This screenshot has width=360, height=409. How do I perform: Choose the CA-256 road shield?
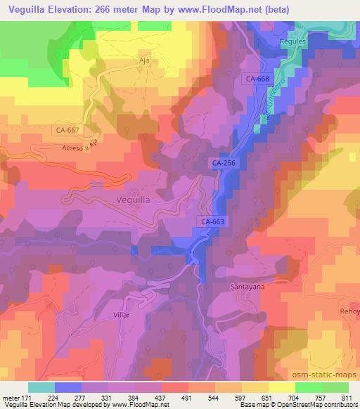(x=223, y=163)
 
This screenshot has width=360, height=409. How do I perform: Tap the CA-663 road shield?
(x=212, y=221)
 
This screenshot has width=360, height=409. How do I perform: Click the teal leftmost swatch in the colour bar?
(x=41, y=387)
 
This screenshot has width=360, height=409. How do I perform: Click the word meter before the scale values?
(x=11, y=397)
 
